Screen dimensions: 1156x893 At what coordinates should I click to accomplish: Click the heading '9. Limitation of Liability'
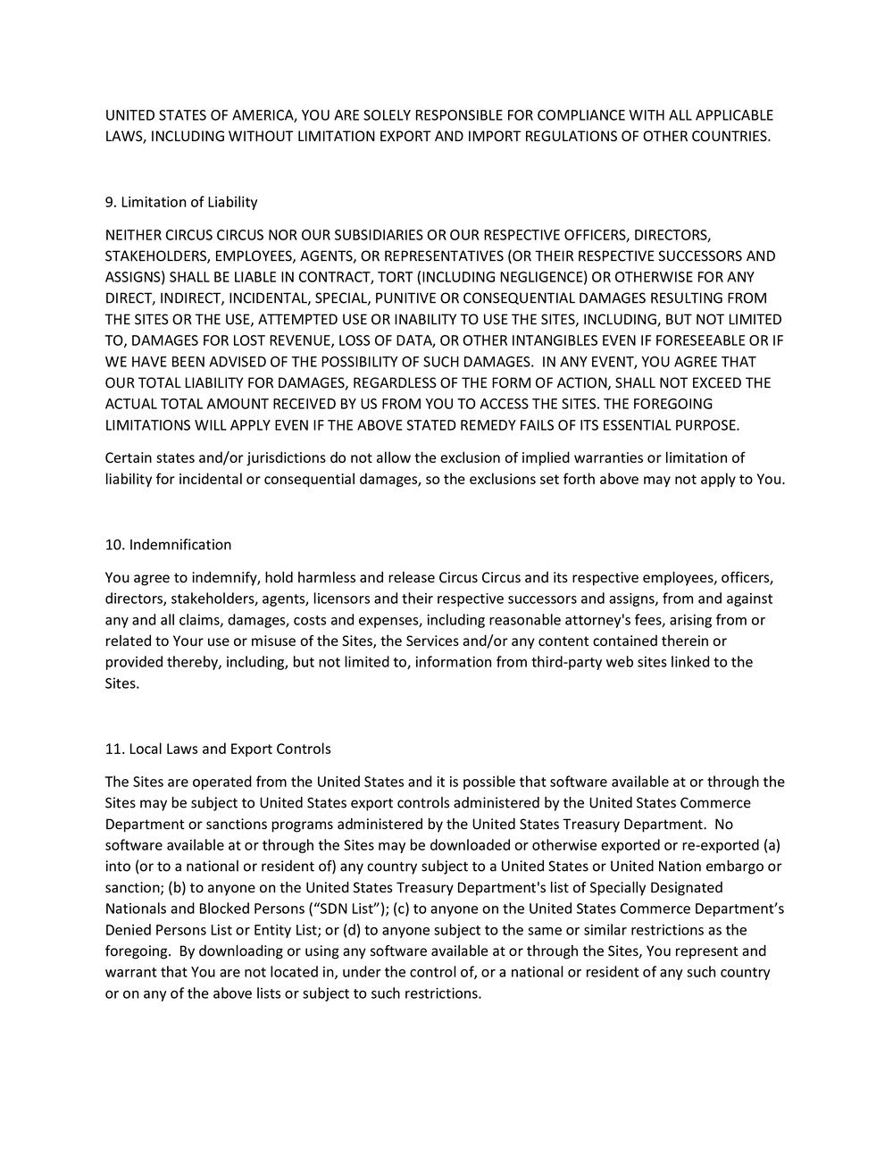(x=181, y=202)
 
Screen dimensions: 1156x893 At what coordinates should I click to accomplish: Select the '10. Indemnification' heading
(x=168, y=545)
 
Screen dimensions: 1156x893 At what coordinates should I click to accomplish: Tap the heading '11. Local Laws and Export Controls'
(x=218, y=749)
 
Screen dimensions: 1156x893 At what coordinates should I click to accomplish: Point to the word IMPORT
(x=495, y=137)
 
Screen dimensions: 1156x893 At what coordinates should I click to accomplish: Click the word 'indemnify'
(x=228, y=578)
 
